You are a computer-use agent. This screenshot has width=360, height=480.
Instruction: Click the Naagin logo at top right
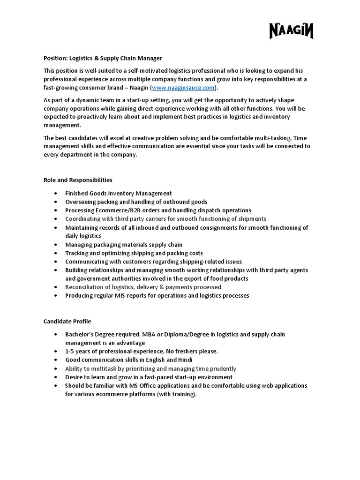coord(291,31)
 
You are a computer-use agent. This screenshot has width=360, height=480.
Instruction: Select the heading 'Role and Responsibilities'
coord(78,180)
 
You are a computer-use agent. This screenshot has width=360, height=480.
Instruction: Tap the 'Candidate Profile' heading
coord(67,321)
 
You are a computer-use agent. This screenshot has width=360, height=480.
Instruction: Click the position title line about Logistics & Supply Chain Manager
coord(103,58)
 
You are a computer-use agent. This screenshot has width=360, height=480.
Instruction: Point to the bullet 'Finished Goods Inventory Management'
coord(118,193)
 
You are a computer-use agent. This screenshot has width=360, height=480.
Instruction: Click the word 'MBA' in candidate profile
coord(155,334)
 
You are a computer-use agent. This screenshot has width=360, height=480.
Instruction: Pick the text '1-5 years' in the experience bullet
coord(77,351)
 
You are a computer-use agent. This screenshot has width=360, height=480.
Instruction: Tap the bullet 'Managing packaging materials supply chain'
coord(124,245)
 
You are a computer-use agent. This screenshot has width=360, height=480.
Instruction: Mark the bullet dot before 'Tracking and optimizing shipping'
coord(56,253)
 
